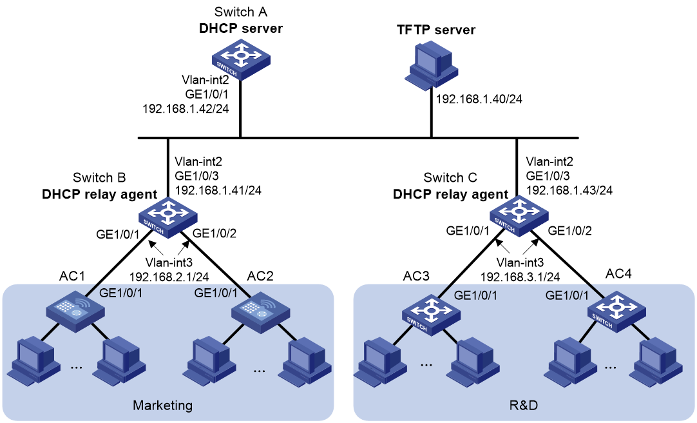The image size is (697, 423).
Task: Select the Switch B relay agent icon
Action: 168,218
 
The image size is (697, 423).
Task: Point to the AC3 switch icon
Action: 431,315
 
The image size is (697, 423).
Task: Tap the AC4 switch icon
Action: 616,311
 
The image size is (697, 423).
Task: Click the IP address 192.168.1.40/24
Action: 479,99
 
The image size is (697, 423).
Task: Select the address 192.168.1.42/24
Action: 186,108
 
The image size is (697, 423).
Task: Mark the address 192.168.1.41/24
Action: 218,190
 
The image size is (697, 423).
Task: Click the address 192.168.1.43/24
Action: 569,190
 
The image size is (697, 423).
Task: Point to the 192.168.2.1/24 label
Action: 169,277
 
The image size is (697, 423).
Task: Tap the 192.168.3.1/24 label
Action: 520,277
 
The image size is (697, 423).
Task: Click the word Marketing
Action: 163,406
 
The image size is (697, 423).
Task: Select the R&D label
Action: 523,405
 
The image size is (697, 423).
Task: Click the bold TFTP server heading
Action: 436,30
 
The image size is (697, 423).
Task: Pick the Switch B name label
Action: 99,177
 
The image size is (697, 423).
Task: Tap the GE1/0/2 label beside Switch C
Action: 569,230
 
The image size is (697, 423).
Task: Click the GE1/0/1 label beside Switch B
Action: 119,235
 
